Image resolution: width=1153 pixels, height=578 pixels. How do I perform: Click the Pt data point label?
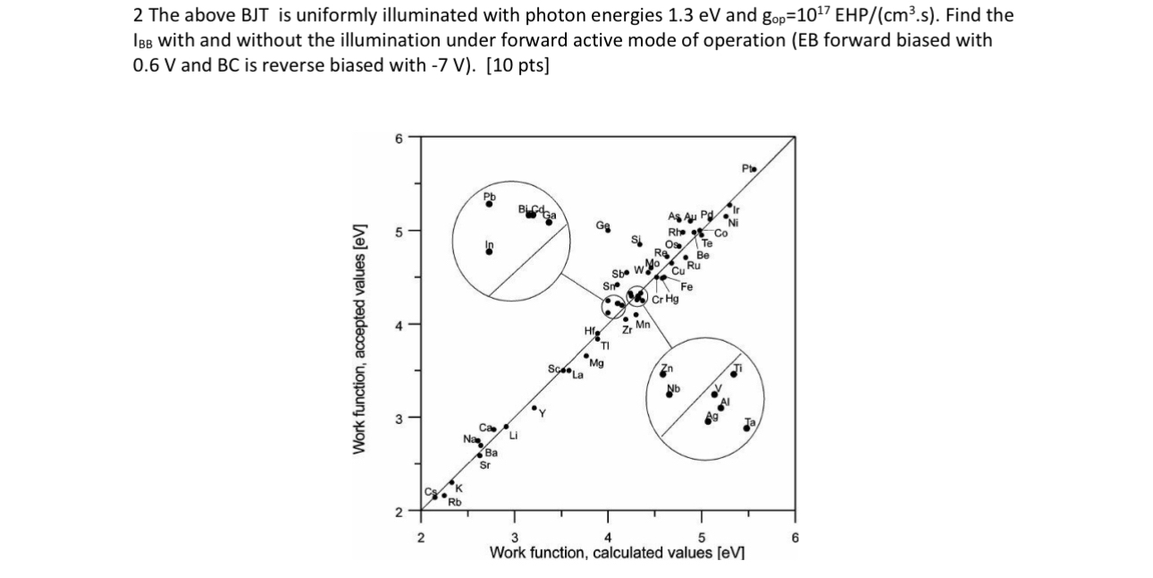[747, 168]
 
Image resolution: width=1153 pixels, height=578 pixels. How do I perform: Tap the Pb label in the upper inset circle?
[489, 196]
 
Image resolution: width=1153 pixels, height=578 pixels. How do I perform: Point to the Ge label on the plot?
[604, 225]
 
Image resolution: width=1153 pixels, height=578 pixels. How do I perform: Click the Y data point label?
[541, 414]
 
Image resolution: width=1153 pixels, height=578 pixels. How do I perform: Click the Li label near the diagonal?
[514, 437]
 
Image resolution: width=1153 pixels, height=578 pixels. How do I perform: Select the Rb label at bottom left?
[454, 503]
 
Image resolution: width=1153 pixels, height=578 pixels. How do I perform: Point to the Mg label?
[596, 363]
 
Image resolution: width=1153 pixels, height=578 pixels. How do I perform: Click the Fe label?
[686, 286]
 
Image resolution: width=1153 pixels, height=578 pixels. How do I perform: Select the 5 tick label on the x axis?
[702, 538]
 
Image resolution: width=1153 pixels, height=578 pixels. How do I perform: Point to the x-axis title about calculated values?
[617, 552]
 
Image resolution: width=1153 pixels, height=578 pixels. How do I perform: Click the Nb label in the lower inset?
[675, 388]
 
